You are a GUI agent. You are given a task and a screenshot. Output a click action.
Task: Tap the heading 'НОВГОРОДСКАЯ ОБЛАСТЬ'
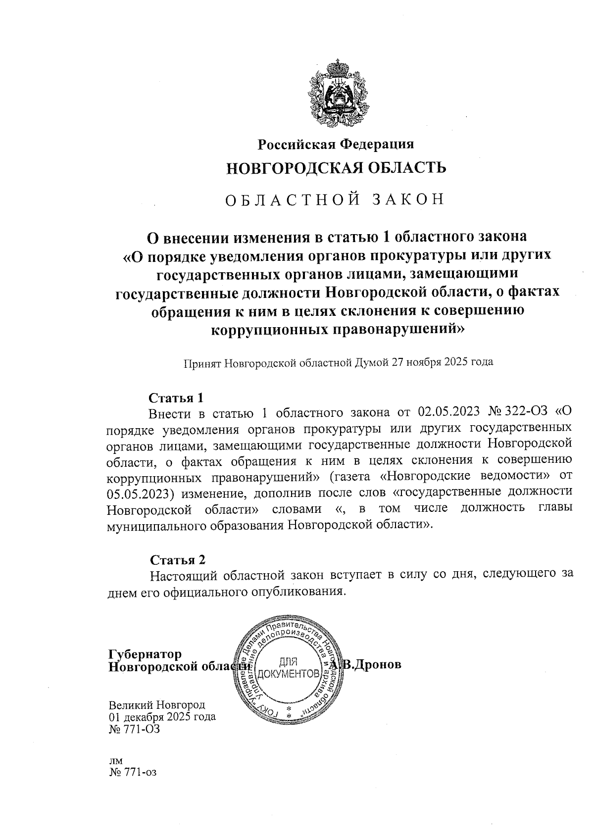point(336,168)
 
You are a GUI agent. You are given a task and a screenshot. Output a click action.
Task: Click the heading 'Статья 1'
point(176,398)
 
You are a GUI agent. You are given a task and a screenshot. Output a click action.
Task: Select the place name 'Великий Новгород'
point(157,704)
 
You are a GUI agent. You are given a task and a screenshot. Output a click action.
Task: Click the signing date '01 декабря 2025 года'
point(162,717)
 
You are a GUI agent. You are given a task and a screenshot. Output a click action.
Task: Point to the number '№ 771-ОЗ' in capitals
point(134,729)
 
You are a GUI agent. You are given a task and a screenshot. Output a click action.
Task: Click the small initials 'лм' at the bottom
point(115,761)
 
